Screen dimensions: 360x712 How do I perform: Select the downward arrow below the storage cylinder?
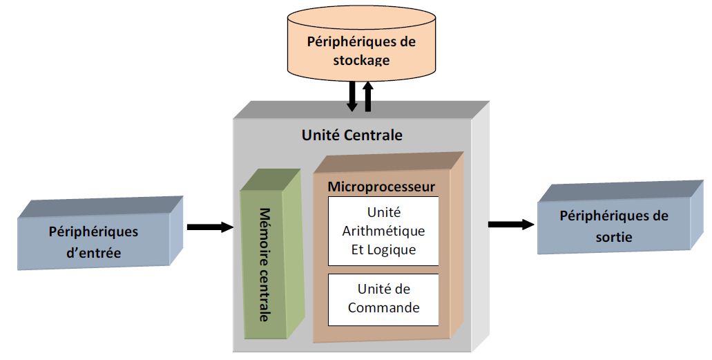coord(352,96)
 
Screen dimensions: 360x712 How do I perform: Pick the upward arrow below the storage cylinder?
coord(368,96)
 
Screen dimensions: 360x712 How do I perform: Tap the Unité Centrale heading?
coord(352,135)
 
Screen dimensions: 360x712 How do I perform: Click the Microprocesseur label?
coord(381,187)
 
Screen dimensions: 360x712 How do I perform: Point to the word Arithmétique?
coord(383,231)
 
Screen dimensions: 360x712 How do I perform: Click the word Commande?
coord(383,307)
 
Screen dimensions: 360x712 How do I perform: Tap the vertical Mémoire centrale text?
coord(265,264)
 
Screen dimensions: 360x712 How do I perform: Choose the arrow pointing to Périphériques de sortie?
coord(510,224)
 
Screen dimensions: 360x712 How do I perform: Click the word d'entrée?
coord(93,253)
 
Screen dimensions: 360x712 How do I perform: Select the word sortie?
coord(613,238)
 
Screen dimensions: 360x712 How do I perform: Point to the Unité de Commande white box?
coord(383,300)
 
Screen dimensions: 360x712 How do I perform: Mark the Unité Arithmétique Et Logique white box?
coord(383,231)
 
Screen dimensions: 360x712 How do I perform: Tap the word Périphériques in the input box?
coord(93,231)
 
